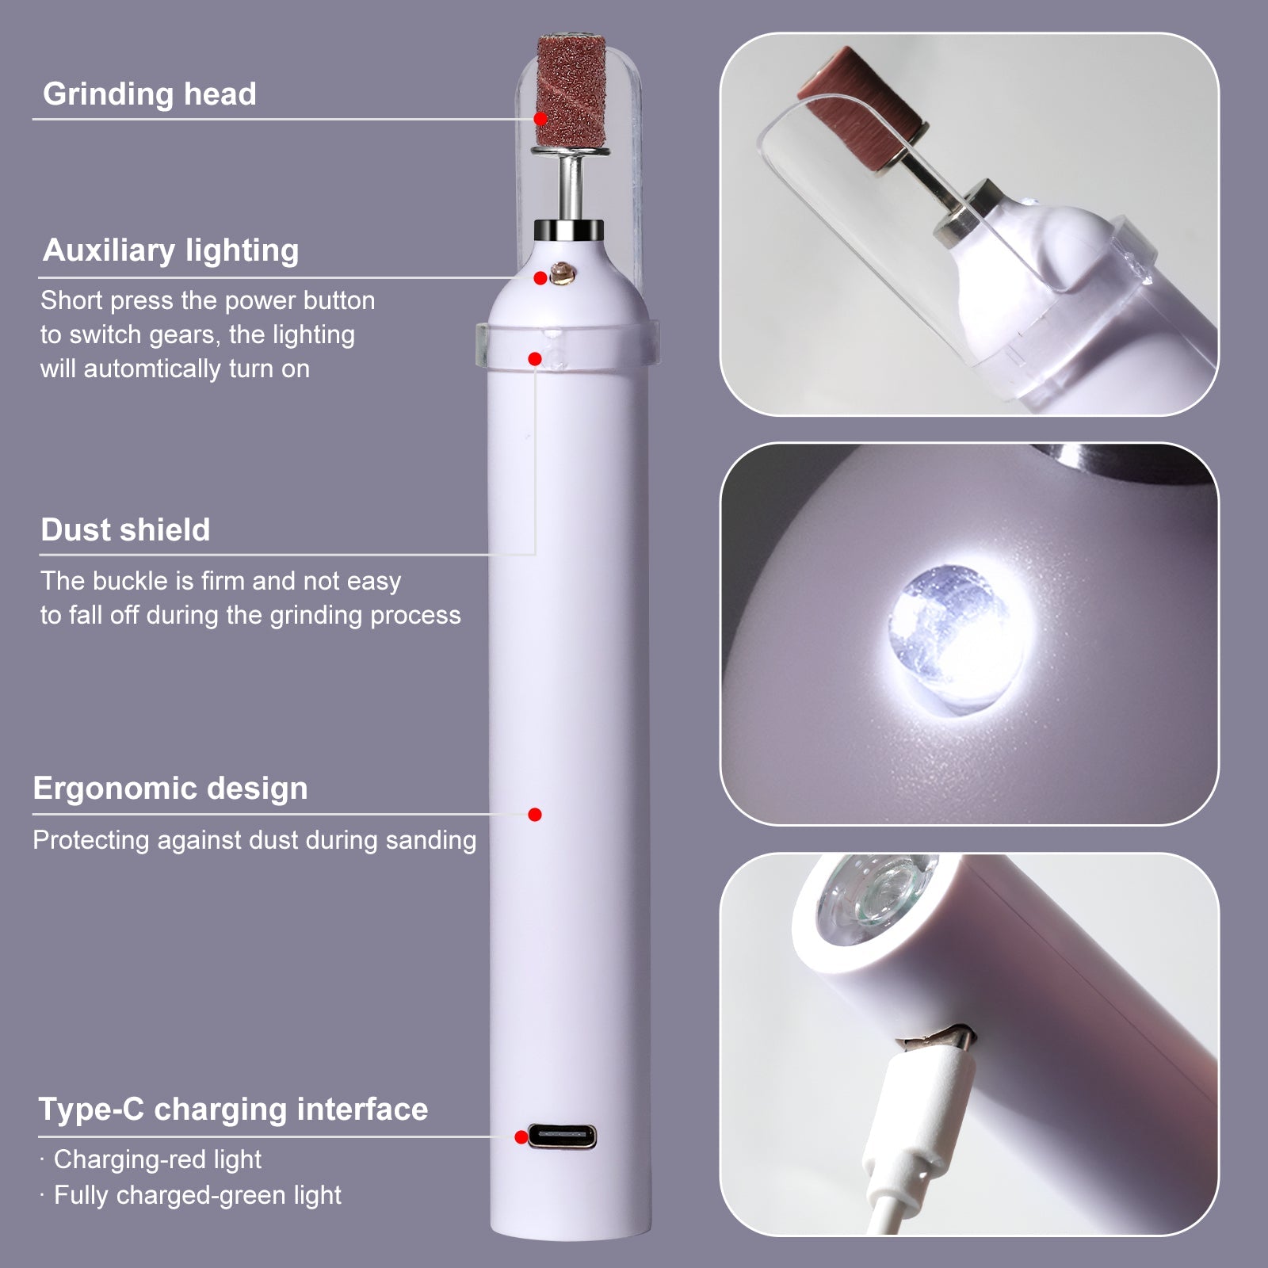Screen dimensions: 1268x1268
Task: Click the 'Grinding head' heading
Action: pos(149,94)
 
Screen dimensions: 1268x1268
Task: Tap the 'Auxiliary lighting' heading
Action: pos(170,250)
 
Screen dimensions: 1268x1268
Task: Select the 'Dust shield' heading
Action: pos(125,530)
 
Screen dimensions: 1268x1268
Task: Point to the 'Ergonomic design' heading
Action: pos(170,789)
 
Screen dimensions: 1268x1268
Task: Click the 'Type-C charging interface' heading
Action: pos(233,1109)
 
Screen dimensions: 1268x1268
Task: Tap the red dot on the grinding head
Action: pos(540,119)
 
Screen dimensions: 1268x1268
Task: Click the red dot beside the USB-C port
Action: pos(521,1137)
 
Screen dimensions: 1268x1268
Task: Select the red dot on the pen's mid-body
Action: pos(535,815)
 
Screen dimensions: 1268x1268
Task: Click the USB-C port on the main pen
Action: pos(562,1136)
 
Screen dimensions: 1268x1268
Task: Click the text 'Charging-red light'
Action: pos(157,1159)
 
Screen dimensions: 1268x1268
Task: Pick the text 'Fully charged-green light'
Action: pos(197,1195)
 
